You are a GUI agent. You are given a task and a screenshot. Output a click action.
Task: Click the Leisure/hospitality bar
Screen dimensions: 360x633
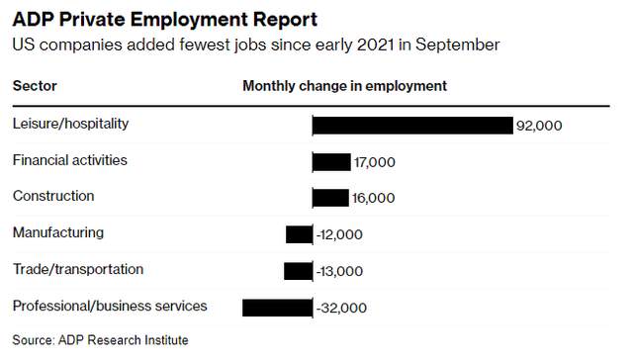(x=412, y=125)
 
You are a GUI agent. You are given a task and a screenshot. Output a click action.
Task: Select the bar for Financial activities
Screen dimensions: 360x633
(x=331, y=161)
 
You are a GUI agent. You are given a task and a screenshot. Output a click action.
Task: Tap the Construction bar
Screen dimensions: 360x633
(x=330, y=198)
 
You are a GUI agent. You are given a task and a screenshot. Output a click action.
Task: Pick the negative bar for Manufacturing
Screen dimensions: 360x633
(x=299, y=234)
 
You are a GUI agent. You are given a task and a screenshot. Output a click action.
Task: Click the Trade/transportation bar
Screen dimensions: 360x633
(x=298, y=271)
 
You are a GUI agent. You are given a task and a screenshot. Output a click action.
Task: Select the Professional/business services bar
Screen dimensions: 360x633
(x=277, y=308)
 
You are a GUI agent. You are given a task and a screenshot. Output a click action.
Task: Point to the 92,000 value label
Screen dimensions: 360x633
(x=539, y=126)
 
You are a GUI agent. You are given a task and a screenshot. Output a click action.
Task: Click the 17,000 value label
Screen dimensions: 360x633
(x=375, y=162)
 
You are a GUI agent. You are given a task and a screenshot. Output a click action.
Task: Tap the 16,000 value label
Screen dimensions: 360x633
(x=373, y=199)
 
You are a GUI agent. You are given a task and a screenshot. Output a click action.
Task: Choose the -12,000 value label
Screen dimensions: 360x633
(x=339, y=235)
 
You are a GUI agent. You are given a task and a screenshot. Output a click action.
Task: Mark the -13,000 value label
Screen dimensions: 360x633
(x=339, y=272)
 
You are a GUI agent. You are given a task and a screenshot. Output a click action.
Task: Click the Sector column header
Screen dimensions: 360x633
(x=35, y=86)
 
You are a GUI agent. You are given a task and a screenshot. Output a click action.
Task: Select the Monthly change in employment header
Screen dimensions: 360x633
(x=344, y=86)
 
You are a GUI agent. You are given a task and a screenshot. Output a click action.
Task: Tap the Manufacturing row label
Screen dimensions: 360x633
(x=57, y=232)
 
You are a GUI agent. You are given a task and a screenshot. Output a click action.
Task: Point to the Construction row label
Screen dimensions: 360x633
(x=53, y=196)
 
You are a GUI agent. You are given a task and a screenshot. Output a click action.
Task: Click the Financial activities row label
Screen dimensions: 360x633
(x=69, y=159)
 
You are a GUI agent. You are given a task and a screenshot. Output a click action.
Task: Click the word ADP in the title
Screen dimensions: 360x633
(x=33, y=20)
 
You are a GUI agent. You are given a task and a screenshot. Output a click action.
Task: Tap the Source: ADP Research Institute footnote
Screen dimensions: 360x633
(x=100, y=340)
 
